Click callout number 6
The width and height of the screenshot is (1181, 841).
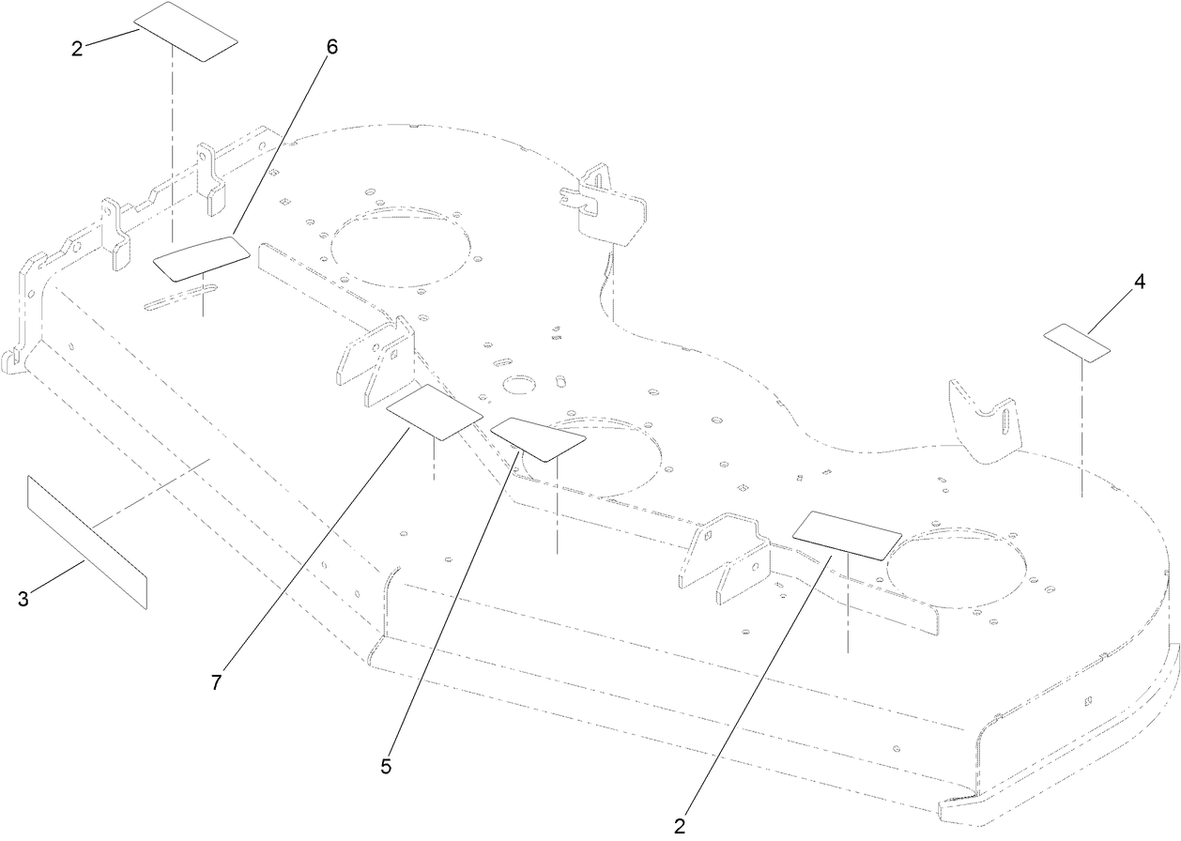point(331,49)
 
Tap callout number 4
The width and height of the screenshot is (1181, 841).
point(1139,283)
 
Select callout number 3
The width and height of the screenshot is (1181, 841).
point(23,599)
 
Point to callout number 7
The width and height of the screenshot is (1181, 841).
point(216,683)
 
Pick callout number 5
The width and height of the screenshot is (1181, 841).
point(386,766)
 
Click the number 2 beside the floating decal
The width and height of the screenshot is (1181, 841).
point(77,49)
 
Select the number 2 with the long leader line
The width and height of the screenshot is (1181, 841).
point(680,826)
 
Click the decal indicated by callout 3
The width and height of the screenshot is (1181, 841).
point(86,542)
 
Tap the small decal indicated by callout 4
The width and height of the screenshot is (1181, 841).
point(1079,343)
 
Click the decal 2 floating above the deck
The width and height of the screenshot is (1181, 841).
point(185,31)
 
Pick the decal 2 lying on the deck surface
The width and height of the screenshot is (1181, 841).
point(847,535)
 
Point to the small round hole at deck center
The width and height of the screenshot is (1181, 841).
point(517,385)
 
